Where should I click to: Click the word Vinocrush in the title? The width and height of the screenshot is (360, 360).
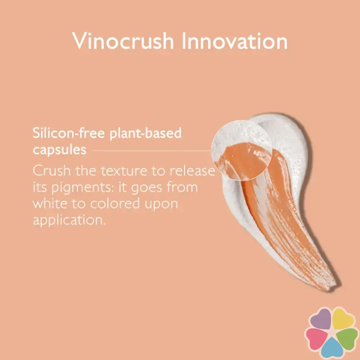pyautogui.click(x=123, y=41)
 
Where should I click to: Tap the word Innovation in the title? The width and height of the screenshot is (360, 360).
pyautogui.click(x=235, y=41)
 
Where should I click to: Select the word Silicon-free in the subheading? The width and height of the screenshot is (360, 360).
pyautogui.click(x=69, y=133)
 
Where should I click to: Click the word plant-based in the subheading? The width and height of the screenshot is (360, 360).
pyautogui.click(x=146, y=134)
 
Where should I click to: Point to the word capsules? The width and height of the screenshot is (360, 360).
pyautogui.click(x=59, y=150)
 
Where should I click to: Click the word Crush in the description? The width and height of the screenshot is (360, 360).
pyautogui.click(x=51, y=170)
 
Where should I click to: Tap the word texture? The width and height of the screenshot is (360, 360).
pyautogui.click(x=124, y=171)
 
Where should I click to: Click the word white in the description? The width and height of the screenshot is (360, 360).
pyautogui.click(x=50, y=203)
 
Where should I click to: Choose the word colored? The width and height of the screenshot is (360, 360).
pyautogui.click(x=115, y=203)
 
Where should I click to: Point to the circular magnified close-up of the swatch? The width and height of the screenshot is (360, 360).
pyautogui.click(x=242, y=150)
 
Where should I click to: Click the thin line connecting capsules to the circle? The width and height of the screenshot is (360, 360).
pyautogui.click(x=152, y=151)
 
